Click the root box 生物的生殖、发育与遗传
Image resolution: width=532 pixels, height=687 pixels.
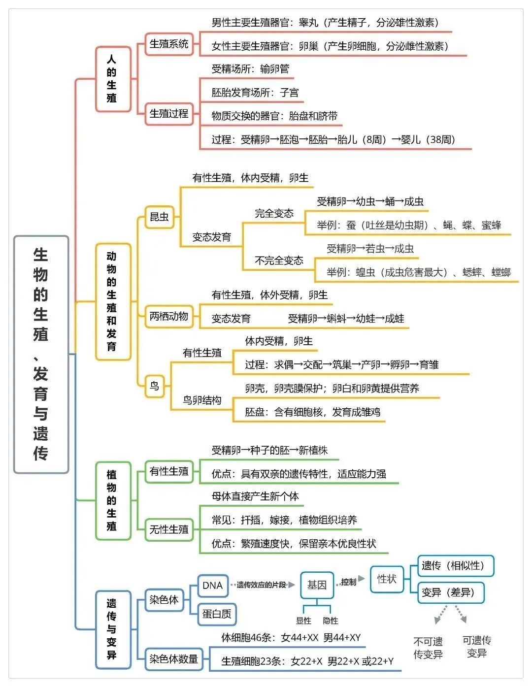41,355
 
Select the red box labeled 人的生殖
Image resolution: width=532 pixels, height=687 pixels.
113,79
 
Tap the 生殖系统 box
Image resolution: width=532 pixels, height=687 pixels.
169,44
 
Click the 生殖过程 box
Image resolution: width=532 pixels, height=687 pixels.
169,114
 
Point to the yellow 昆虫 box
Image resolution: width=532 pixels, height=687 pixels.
159,217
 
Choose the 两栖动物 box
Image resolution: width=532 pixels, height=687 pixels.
169,316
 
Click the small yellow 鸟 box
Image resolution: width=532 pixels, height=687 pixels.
155,386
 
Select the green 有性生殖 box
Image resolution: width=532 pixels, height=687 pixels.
169,471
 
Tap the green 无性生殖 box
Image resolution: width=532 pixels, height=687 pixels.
169,529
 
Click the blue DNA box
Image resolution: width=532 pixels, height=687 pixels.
213,586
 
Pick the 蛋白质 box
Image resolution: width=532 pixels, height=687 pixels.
217,614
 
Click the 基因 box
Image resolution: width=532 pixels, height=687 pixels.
317,585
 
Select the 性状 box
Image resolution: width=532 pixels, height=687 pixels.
387,579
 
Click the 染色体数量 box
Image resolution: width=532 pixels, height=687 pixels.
174,659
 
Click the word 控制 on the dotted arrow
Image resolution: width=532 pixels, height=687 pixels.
349,582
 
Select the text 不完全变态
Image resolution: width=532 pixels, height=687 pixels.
279,261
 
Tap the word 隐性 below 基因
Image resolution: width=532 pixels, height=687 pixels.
331,621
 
